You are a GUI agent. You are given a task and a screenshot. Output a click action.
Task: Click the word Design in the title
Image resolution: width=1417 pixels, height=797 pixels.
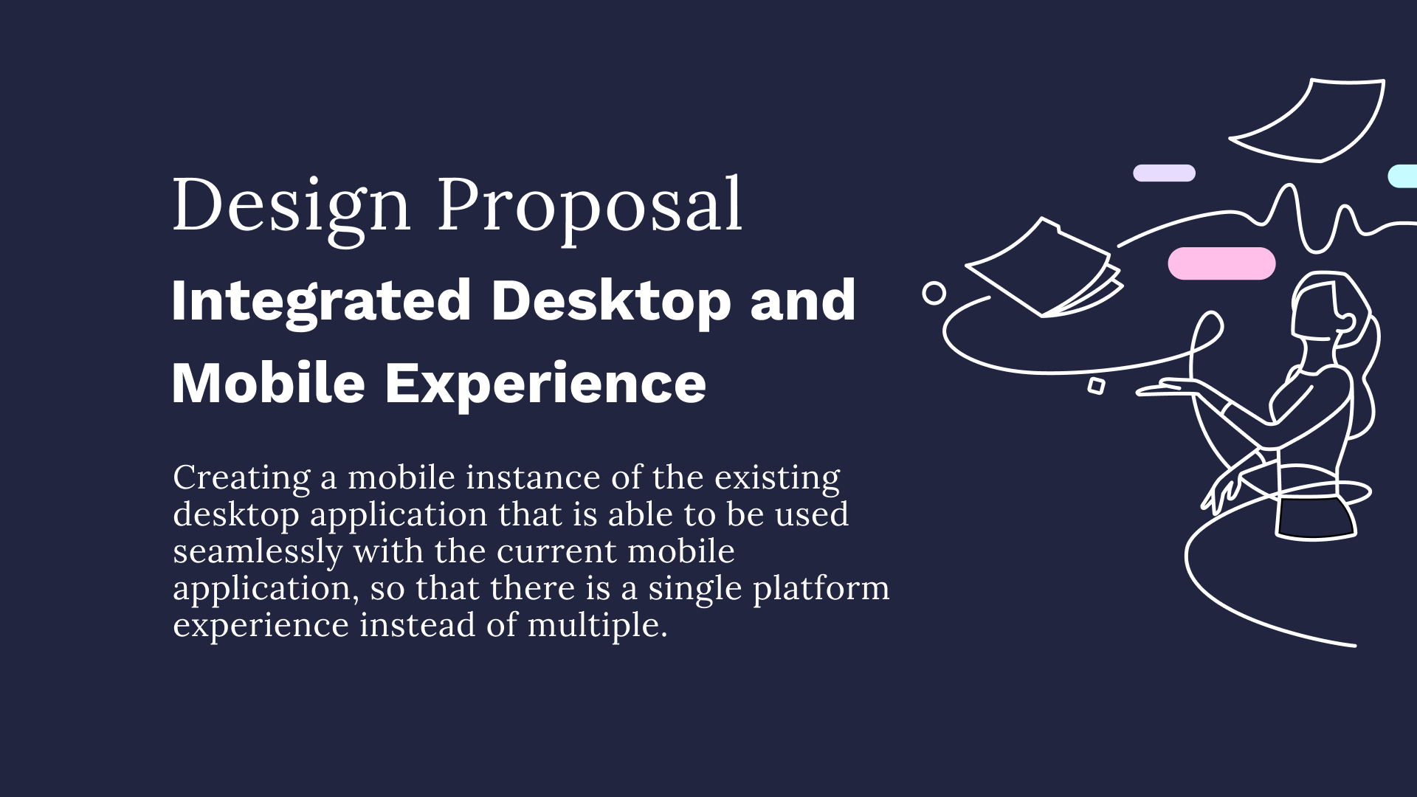pos(291,205)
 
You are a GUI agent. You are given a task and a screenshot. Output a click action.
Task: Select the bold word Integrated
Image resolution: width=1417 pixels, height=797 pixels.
pos(321,300)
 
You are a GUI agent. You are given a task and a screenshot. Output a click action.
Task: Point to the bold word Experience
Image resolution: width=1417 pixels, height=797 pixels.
pos(545,383)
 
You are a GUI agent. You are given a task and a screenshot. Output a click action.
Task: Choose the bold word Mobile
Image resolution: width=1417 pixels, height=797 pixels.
pos(268,383)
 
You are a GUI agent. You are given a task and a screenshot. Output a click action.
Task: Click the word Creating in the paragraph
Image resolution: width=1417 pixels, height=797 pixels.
pos(241,478)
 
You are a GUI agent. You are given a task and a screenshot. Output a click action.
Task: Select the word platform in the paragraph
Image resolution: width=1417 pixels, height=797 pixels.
pos(821,589)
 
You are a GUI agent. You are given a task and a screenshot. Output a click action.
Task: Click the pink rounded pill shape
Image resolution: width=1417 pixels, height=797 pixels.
pos(1221,263)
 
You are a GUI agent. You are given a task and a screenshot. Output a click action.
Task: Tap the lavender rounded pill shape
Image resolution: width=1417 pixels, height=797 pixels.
pos(1164,173)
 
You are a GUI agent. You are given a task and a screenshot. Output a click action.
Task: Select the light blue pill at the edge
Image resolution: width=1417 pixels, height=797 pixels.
pos(1404,176)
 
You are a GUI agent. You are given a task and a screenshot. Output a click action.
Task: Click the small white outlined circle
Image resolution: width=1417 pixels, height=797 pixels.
pos(934,293)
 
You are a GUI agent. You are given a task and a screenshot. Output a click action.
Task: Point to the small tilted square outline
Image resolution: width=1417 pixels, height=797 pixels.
pos(1096,385)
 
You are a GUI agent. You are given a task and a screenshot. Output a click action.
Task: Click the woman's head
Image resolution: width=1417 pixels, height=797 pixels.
pos(1325,310)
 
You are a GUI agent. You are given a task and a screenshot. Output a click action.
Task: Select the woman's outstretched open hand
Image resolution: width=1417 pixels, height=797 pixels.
pos(1173,387)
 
